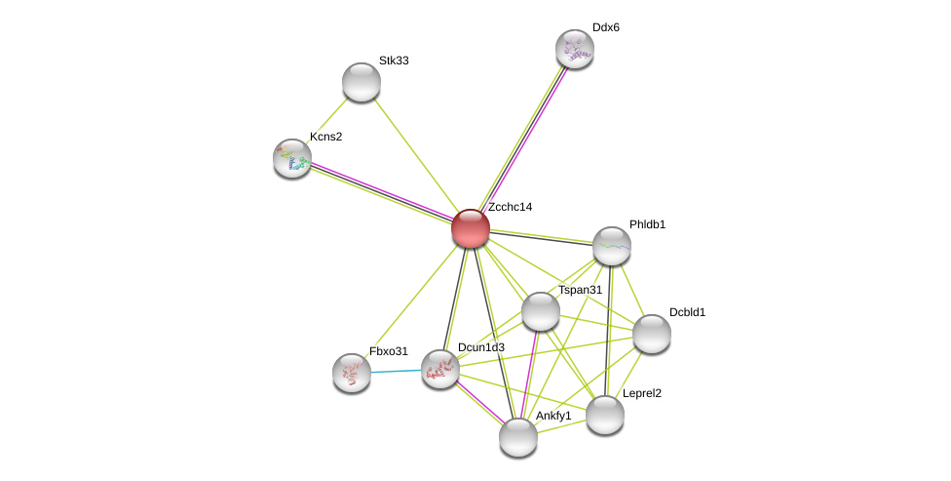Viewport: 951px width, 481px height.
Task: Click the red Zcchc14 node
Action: coord(471,228)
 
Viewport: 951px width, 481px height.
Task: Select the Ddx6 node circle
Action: coord(575,49)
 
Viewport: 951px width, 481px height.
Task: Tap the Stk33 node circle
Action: coord(361,82)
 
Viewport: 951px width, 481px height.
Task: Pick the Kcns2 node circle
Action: coord(292,158)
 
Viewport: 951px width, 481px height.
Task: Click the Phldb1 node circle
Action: coord(612,246)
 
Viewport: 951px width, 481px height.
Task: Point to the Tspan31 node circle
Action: coord(541,311)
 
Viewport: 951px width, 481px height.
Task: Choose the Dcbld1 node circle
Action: coord(652,334)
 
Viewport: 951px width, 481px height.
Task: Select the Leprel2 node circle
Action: coord(605,415)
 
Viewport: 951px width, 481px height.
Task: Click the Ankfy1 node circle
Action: coord(518,437)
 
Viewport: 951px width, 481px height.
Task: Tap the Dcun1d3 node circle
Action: coord(440,369)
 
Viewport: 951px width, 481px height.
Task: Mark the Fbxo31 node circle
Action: coord(352,373)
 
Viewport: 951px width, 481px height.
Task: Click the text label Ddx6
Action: coord(605,27)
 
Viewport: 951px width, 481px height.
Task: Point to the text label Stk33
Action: coord(394,60)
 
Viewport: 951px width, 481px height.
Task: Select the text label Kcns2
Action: coord(325,137)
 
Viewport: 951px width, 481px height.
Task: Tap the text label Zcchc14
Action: coord(510,207)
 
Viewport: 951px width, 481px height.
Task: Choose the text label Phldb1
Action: coord(647,224)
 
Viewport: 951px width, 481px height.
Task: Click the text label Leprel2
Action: coord(641,393)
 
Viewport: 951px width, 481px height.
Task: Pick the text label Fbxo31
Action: coord(388,351)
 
